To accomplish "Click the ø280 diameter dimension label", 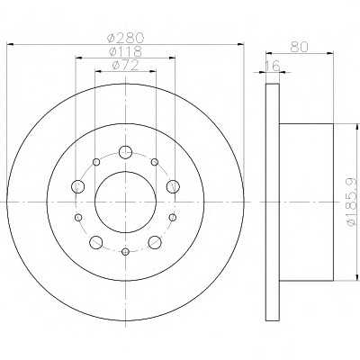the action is [126, 38].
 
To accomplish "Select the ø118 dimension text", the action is [125, 51].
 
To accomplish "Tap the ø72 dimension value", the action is [125, 66].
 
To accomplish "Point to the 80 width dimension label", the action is [299, 47].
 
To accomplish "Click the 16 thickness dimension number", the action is [272, 66].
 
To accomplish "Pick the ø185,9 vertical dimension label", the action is [353, 202].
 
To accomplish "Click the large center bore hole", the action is [125, 202].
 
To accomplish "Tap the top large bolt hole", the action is [125, 152].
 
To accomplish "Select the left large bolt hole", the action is [77, 186].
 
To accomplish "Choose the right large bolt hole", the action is [173, 186].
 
